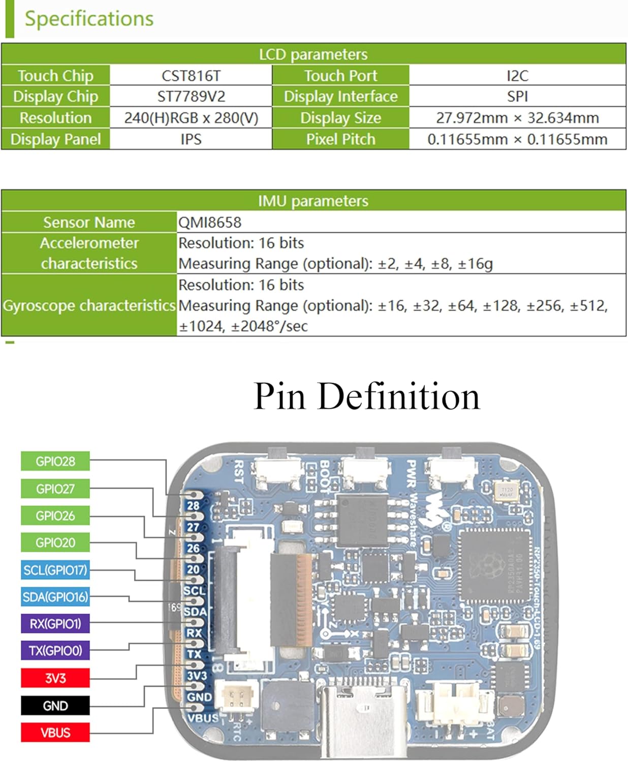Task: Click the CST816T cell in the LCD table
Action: [x=191, y=76]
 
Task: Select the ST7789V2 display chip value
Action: [x=191, y=97]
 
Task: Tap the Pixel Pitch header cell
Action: [x=340, y=139]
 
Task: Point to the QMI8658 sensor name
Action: [x=210, y=222]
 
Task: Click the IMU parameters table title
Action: [x=313, y=201]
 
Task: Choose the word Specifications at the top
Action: [x=89, y=19]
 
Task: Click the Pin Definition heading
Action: [x=366, y=396]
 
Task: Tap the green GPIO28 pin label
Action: [x=55, y=461]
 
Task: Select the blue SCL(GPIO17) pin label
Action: [x=55, y=570]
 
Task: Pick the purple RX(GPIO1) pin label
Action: [x=55, y=624]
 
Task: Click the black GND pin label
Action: [x=55, y=706]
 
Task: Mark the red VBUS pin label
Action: [x=55, y=733]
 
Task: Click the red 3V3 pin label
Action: [x=55, y=678]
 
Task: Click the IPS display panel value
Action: [x=191, y=139]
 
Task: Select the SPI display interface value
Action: [x=517, y=97]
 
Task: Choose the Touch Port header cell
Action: [x=340, y=76]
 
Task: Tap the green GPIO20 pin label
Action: [x=55, y=543]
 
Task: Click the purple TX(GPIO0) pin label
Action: [x=55, y=651]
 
